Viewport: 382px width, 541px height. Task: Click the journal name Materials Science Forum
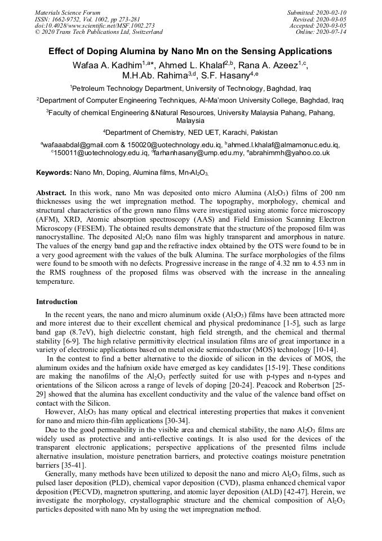[x=68, y=12]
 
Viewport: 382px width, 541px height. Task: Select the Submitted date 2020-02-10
[x=317, y=12]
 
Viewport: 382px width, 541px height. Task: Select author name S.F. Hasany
[x=225, y=76]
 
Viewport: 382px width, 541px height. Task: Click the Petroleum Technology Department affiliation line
[x=190, y=89]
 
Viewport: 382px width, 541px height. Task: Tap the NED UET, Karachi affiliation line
[x=190, y=133]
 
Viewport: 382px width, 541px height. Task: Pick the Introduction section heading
[x=57, y=302]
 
